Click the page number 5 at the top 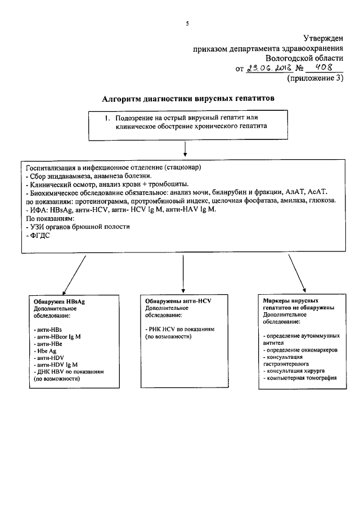[x=187, y=23]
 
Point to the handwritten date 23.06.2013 [x=271, y=69]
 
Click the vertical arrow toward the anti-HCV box [x=184, y=273]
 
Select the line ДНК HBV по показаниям [x=69, y=372]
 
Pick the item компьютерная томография [x=300, y=379]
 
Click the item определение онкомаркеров [x=300, y=350]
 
